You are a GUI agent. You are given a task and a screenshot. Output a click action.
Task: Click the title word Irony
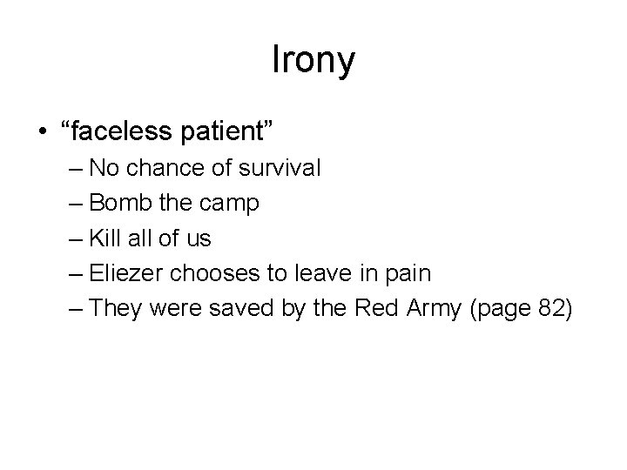click(x=313, y=61)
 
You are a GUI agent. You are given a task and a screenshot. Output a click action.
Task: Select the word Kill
click(x=105, y=238)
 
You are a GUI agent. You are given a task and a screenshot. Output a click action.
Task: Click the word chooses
click(x=220, y=273)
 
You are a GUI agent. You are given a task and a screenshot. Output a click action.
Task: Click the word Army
click(x=430, y=309)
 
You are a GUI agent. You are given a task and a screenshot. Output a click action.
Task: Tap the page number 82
click(x=549, y=309)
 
